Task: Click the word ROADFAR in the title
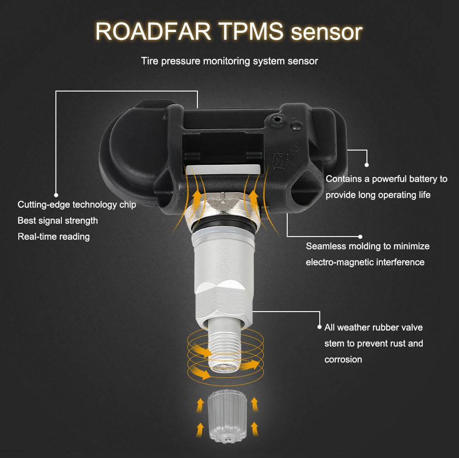153,31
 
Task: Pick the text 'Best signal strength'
58,221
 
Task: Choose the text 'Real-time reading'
54,237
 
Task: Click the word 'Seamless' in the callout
325,246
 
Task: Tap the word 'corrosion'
343,360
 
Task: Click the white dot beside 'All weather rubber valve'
319,327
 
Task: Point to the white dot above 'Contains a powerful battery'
366,165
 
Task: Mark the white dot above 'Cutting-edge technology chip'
56,195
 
